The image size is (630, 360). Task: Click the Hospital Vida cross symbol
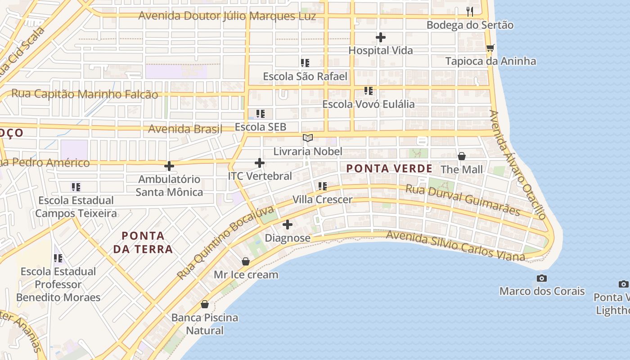[x=381, y=37]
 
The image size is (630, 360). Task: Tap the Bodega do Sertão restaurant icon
[x=470, y=11]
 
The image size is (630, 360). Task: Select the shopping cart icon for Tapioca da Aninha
[x=490, y=47]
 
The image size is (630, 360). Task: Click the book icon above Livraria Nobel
[x=308, y=138]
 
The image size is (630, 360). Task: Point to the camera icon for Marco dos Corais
[x=542, y=278]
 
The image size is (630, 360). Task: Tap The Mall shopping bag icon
[x=461, y=156]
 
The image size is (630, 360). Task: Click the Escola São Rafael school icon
[x=305, y=63]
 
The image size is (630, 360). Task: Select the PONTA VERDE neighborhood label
[x=389, y=169]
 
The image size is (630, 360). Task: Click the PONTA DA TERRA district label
[x=143, y=242]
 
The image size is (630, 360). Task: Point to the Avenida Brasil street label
[x=185, y=129]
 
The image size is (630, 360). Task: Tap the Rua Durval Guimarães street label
[x=463, y=200]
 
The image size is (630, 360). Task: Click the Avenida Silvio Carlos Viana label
[x=455, y=246]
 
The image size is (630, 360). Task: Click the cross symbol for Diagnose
[x=288, y=224]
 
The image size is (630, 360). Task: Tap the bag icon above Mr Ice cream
[x=246, y=261]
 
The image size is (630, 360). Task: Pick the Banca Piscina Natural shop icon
[x=205, y=304]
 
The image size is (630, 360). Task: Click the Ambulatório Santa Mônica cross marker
[x=169, y=166]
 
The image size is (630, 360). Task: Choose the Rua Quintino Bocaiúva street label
[x=225, y=243]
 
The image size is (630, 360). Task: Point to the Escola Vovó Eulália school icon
[x=369, y=91]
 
